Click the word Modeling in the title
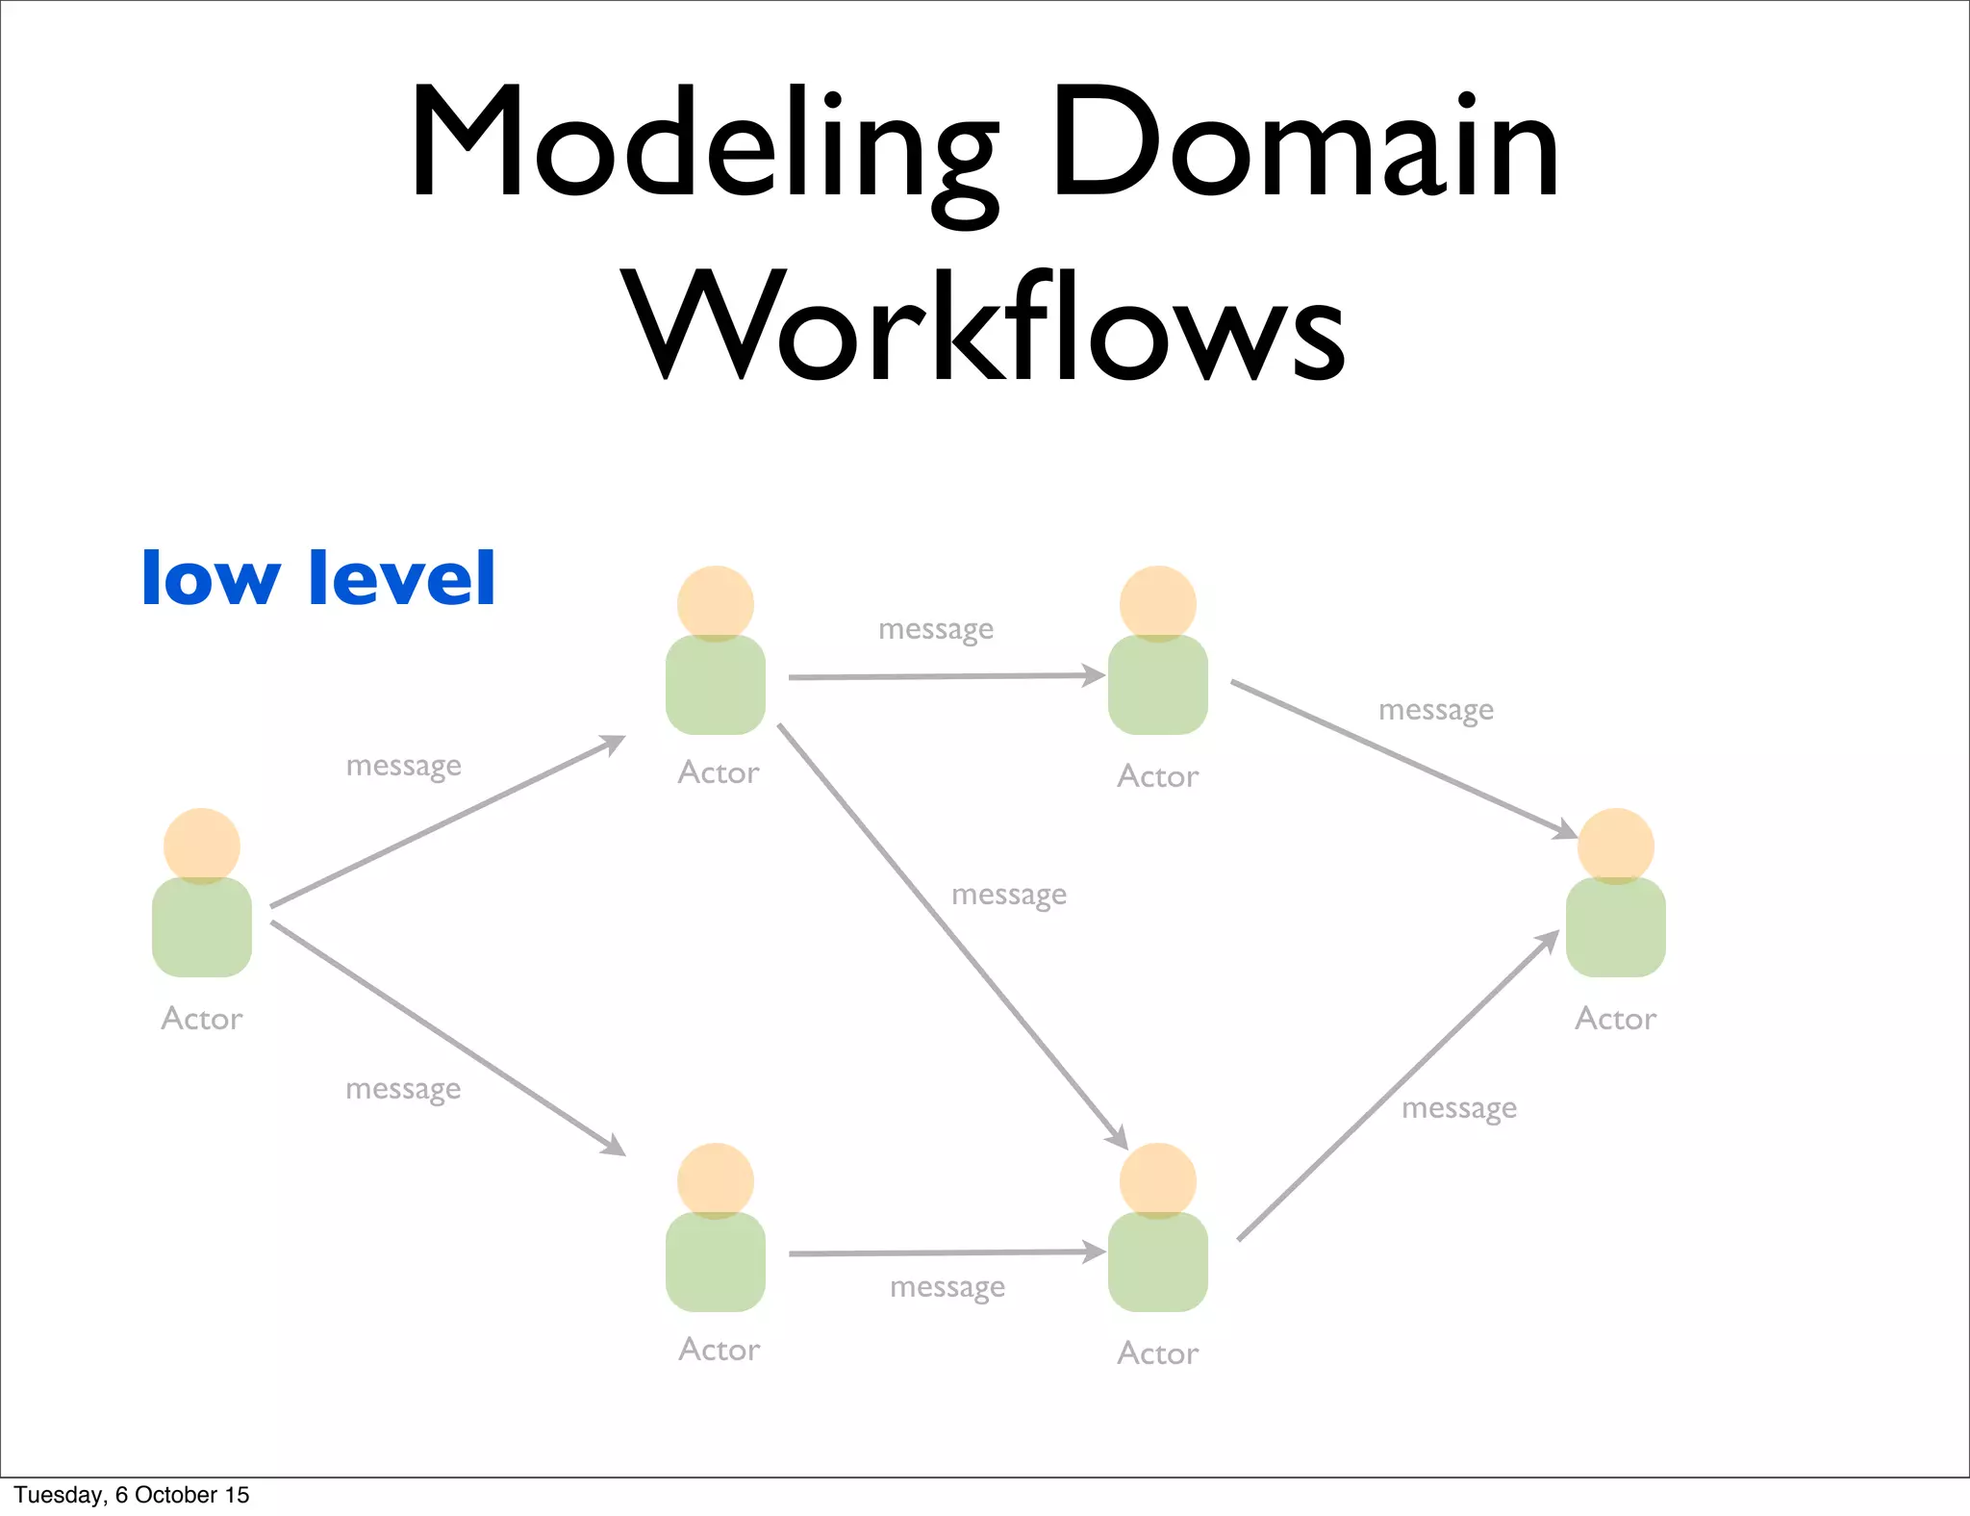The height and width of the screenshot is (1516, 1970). pyautogui.click(x=703, y=144)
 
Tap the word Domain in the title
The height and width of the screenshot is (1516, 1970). pyautogui.click(x=1304, y=144)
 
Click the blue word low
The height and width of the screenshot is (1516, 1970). pyautogui.click(x=211, y=578)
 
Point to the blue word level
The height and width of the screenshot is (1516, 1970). pyautogui.click(x=401, y=578)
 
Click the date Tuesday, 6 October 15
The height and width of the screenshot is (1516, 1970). pyautogui.click(x=132, y=1495)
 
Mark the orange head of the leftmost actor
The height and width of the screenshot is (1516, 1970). pyautogui.click(x=202, y=845)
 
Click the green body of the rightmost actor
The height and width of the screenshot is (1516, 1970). pyautogui.click(x=1616, y=928)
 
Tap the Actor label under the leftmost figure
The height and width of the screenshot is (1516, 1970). pyautogui.click(x=202, y=1019)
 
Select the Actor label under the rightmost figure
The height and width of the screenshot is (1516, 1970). pyautogui.click(x=1616, y=1019)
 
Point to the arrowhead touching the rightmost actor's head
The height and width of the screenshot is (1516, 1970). pyautogui.click(x=1564, y=829)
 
